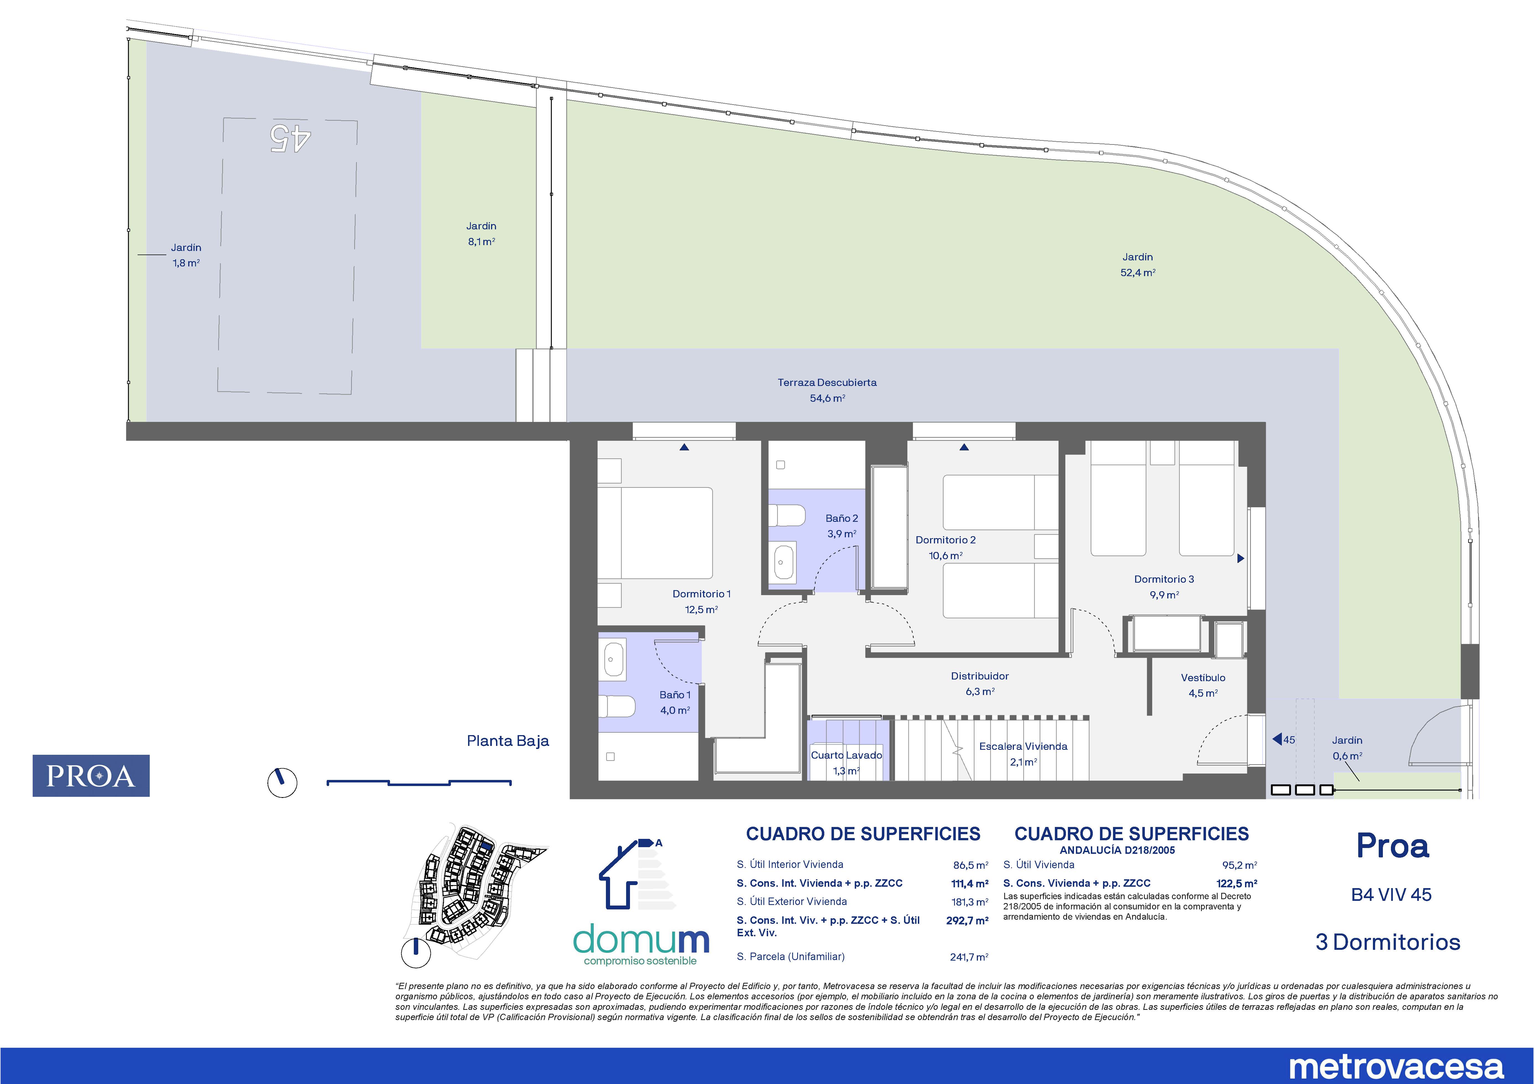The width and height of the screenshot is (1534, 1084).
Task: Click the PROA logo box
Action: pos(91,776)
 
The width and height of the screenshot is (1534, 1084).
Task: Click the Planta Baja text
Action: pos(508,741)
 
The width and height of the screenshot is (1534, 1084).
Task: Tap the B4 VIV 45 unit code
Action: pos(1392,894)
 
